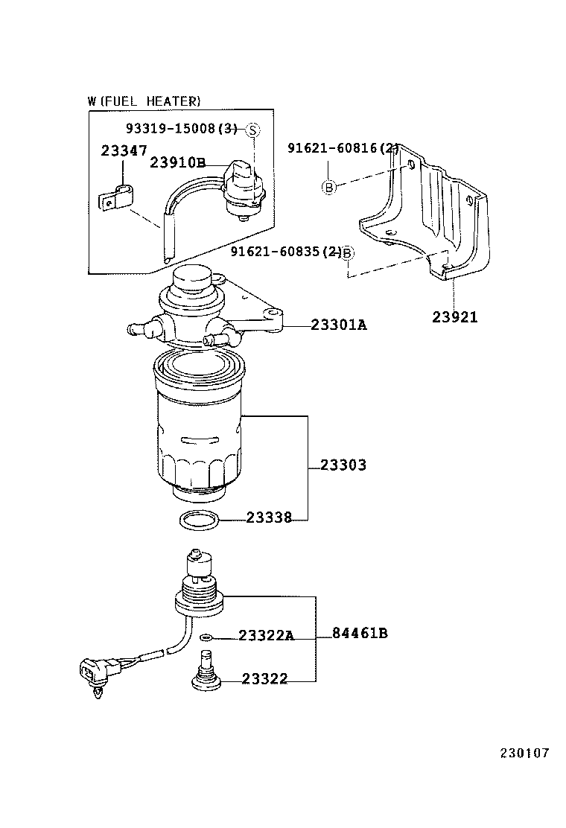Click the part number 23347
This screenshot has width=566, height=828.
point(124,150)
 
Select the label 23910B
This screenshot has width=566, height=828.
point(177,162)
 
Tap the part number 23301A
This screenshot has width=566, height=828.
point(338,325)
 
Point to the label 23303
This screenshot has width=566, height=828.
point(343,465)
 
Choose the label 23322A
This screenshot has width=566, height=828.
point(267,635)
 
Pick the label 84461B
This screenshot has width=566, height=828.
point(360,634)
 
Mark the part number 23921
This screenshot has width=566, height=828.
point(455,317)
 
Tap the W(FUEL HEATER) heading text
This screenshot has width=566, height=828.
point(144,101)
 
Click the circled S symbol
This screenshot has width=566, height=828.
point(252,130)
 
